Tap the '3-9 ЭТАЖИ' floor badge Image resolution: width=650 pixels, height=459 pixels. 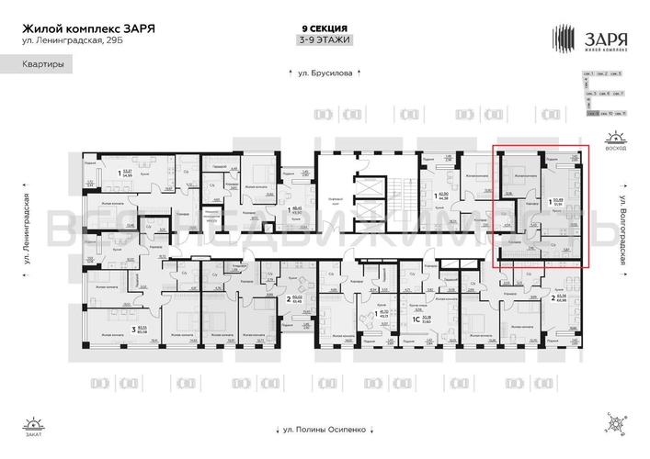325,40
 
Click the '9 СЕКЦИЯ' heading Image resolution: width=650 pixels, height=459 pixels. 325,28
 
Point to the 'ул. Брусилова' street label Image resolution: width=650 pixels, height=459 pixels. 324,72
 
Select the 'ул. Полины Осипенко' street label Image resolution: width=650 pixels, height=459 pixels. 324,428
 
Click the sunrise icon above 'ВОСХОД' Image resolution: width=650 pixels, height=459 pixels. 613,139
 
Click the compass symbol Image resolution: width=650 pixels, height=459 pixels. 612,423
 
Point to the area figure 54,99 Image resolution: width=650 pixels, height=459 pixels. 128,175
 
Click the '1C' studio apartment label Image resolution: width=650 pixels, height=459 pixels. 416,319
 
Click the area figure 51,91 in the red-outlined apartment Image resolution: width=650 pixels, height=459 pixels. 557,205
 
